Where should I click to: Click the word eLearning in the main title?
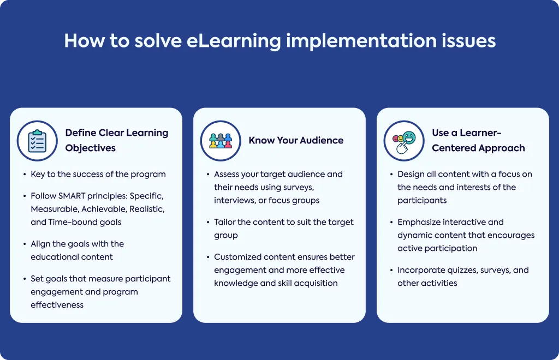[x=234, y=41]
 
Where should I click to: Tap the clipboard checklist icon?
[x=37, y=141]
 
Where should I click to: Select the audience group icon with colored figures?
[x=221, y=141]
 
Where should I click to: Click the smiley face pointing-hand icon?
[x=405, y=142]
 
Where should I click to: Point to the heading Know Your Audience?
[x=296, y=140]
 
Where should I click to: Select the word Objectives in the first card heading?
[x=90, y=148]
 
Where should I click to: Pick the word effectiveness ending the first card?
[x=57, y=305]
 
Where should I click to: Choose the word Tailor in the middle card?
[x=224, y=222]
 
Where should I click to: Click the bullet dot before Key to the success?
[x=25, y=175]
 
